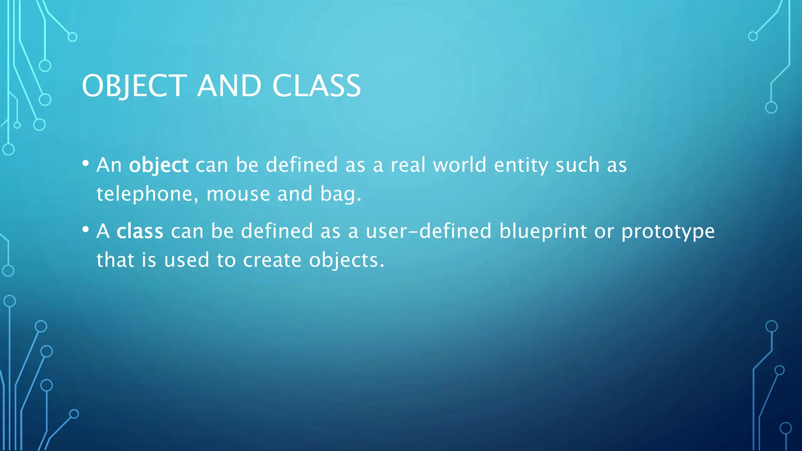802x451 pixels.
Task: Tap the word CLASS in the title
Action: (316, 86)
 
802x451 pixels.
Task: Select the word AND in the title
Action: (229, 86)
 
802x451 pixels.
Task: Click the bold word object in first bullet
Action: (159, 165)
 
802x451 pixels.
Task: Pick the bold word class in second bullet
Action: (140, 231)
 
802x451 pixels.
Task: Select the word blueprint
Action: (543, 231)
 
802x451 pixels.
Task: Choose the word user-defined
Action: (428, 231)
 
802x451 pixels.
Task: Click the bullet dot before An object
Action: (86, 163)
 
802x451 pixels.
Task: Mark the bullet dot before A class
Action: (86, 229)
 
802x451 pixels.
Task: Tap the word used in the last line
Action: (186, 260)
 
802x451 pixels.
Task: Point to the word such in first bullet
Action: (577, 165)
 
